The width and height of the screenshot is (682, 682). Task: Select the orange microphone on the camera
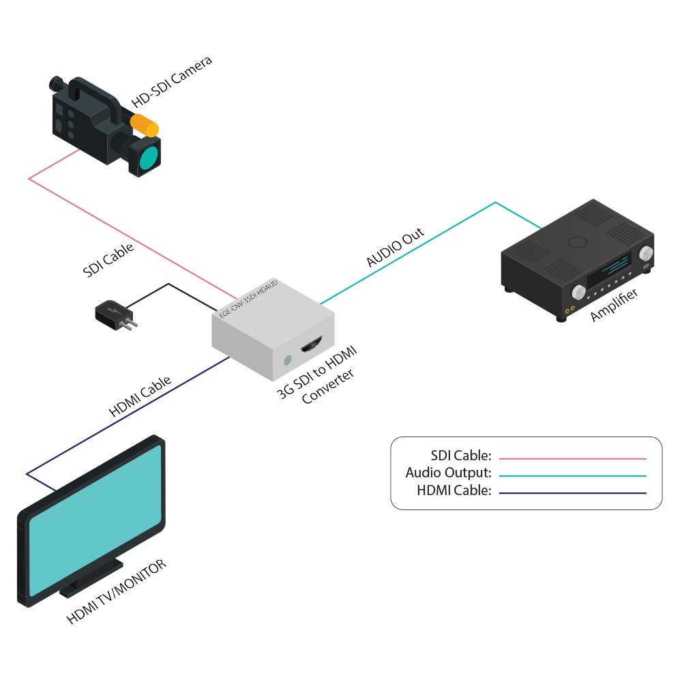(x=145, y=125)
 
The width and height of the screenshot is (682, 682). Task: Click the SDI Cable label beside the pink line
(x=108, y=260)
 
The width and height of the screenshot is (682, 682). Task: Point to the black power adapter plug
(x=113, y=314)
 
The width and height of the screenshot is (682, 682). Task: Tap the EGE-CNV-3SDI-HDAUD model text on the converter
(x=248, y=299)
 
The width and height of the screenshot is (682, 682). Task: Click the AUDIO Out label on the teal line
(x=396, y=247)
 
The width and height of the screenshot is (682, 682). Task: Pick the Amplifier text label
(x=614, y=305)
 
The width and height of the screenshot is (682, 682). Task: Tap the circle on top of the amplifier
(x=577, y=241)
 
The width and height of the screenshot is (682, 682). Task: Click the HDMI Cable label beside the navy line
(x=140, y=398)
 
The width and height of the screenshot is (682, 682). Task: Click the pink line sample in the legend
(x=572, y=459)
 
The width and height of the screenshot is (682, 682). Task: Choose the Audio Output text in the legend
(x=448, y=473)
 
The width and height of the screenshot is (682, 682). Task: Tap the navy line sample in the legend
(x=572, y=492)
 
